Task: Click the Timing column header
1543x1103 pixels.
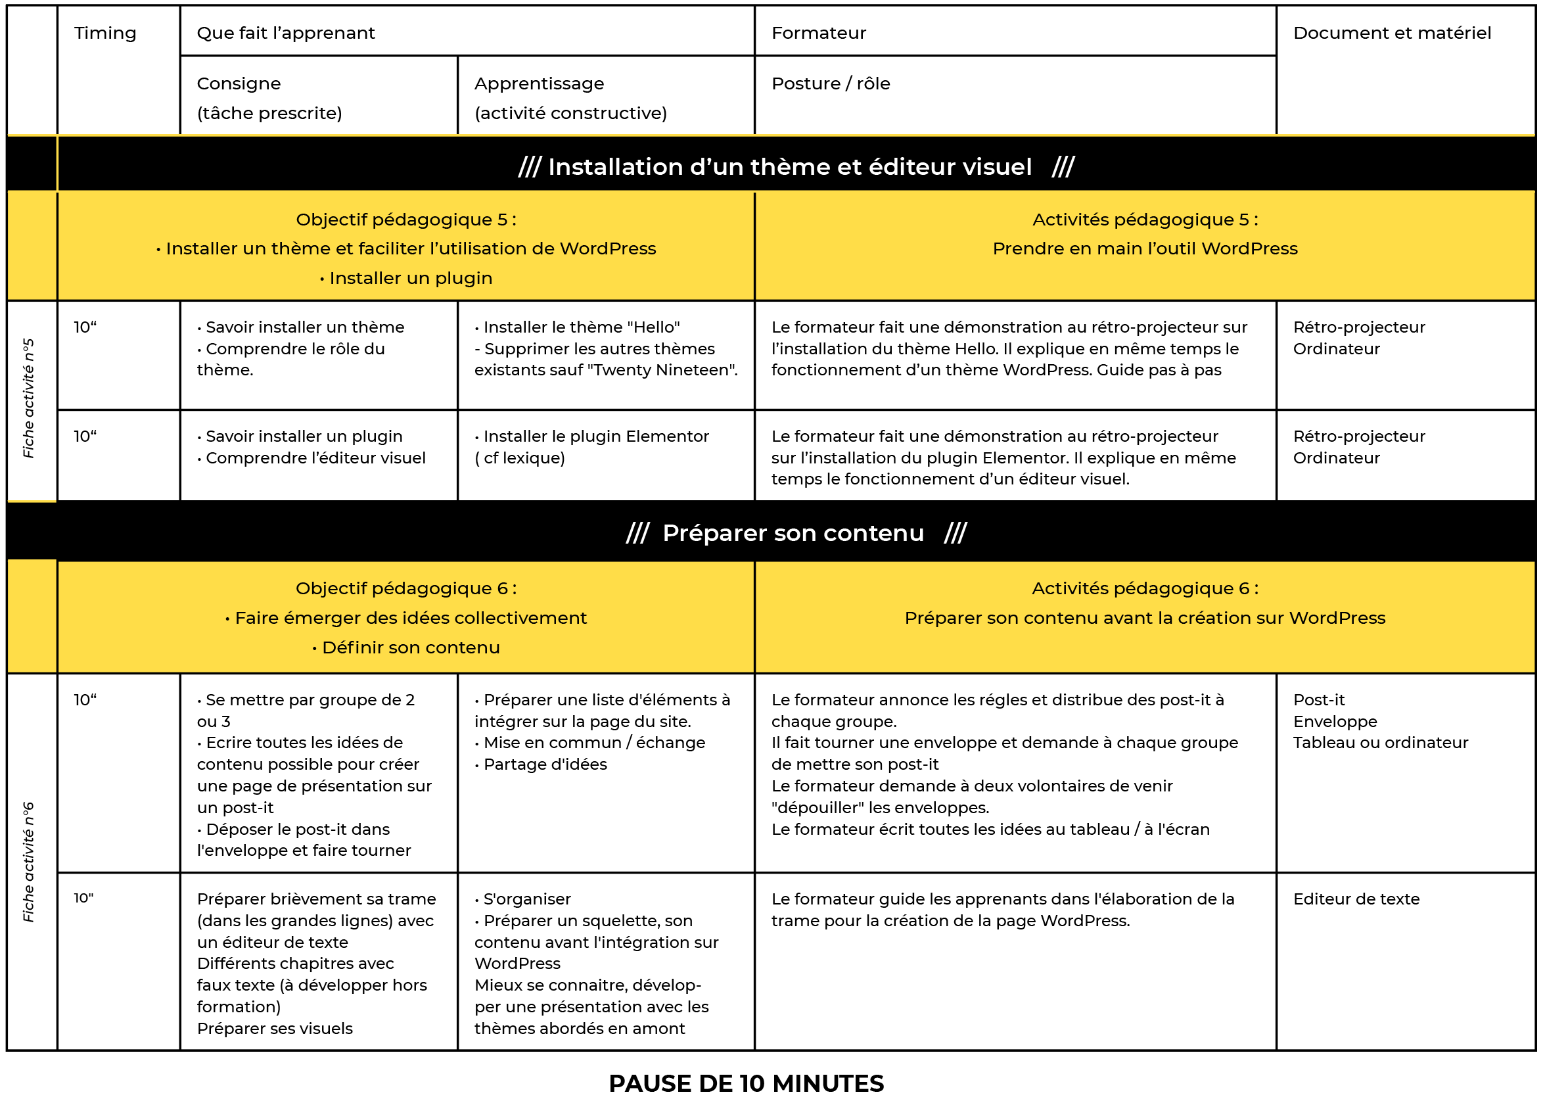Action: pyautogui.click(x=104, y=34)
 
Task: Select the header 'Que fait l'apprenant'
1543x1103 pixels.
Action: pyautogui.click(x=285, y=34)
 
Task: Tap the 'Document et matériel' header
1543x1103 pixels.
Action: pyautogui.click(x=1391, y=34)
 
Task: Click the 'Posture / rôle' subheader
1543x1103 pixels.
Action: pyautogui.click(x=830, y=83)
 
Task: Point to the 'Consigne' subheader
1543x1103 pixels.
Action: pyautogui.click(x=239, y=83)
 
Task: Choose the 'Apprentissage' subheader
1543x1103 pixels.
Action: pyautogui.click(x=538, y=83)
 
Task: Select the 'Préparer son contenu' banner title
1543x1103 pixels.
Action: pyautogui.click(x=793, y=533)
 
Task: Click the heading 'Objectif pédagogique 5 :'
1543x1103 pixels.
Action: pyautogui.click(x=406, y=220)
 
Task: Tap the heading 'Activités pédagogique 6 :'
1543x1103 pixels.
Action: pyautogui.click(x=1145, y=588)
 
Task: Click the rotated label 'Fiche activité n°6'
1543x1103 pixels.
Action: pyautogui.click(x=28, y=862)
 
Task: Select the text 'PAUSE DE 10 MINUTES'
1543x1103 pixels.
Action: pyautogui.click(x=746, y=1083)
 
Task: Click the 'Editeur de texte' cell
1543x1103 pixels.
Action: pyautogui.click(x=1356, y=899)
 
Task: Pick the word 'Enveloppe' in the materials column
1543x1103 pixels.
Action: pyautogui.click(x=1335, y=721)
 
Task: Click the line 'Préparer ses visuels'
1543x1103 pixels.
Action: pyautogui.click(x=274, y=1028)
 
